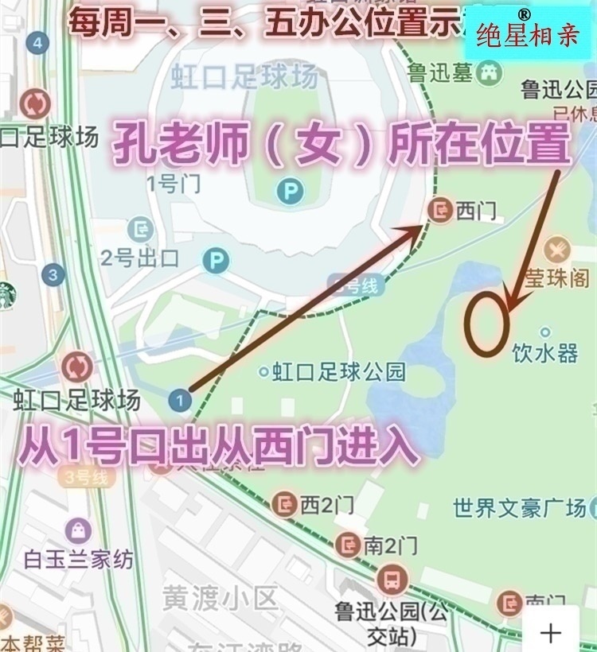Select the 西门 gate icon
pos(439,210)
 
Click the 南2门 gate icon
pos(348,545)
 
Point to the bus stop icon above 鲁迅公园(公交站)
pos(392,580)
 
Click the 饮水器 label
pos(545,353)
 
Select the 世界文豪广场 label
pos(519,507)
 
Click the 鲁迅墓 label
pos(441,74)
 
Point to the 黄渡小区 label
pos(219,597)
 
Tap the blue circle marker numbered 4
pos(37,43)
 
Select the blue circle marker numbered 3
pos(53,275)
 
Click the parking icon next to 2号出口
pos(215,260)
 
